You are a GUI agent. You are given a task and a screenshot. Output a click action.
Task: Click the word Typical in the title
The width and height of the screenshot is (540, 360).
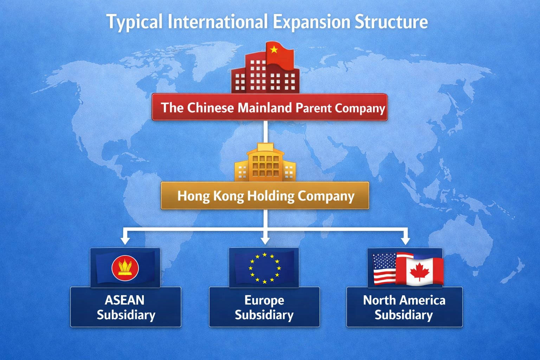click(134, 22)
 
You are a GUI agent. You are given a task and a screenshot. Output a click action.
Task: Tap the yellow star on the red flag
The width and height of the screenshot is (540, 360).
click(274, 50)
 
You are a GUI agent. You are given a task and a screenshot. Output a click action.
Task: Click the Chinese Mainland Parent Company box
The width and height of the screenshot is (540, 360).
click(270, 107)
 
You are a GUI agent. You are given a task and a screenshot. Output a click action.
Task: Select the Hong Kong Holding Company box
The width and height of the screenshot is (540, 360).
click(265, 195)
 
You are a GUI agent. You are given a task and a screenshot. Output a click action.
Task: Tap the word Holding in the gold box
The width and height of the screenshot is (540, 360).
click(271, 196)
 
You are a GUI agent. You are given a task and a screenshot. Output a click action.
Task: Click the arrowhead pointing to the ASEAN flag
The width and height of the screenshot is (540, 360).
click(125, 240)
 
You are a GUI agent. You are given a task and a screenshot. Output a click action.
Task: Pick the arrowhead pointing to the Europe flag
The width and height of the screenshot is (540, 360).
click(265, 240)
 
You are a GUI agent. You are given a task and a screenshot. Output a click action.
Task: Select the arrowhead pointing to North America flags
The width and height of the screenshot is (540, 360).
click(405, 240)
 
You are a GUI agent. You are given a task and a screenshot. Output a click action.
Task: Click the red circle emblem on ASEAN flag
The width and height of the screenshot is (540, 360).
click(125, 268)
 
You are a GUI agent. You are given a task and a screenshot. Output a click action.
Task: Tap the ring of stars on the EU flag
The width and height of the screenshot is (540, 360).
click(264, 268)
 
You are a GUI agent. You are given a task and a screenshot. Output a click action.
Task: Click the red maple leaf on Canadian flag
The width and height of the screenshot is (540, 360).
click(419, 272)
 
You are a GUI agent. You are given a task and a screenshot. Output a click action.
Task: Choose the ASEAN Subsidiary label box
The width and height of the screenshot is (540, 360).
click(126, 307)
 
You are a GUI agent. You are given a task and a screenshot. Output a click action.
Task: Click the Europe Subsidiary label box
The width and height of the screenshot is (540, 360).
click(264, 307)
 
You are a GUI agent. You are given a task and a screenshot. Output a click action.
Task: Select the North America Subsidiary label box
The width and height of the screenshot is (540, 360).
click(404, 307)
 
